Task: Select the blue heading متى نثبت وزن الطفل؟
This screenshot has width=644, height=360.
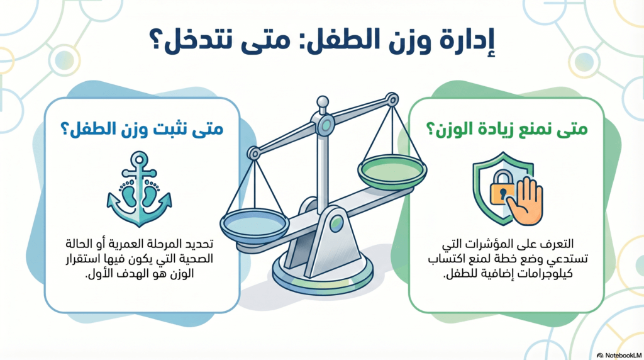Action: click(x=142, y=128)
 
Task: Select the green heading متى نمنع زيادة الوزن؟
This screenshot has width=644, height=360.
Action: click(x=507, y=128)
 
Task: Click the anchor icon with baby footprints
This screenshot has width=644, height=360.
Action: click(x=139, y=189)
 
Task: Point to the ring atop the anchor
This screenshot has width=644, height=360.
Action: click(x=139, y=159)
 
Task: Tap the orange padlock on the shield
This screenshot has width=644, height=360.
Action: click(x=502, y=188)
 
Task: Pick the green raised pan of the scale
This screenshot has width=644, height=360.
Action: click(x=392, y=171)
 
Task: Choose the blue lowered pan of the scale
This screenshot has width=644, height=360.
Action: click(x=255, y=225)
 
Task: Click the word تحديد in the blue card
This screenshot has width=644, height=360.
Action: click(x=199, y=244)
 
